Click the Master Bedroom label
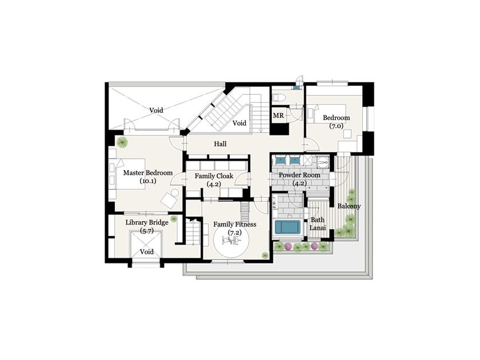[148, 173]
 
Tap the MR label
[278, 115]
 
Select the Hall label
[220, 144]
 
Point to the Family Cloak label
[214, 176]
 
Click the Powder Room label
[299, 175]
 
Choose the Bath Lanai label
[318, 224]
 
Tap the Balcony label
[349, 206]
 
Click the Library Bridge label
[147, 222]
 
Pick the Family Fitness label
[235, 225]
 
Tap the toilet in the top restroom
[279, 98]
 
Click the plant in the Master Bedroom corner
[122, 142]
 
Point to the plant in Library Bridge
[174, 218]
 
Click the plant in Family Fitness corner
[265, 255]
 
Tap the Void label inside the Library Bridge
[147, 251]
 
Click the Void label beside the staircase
[239, 123]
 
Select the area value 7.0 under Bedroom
[336, 126]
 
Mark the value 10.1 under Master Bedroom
[148, 181]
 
